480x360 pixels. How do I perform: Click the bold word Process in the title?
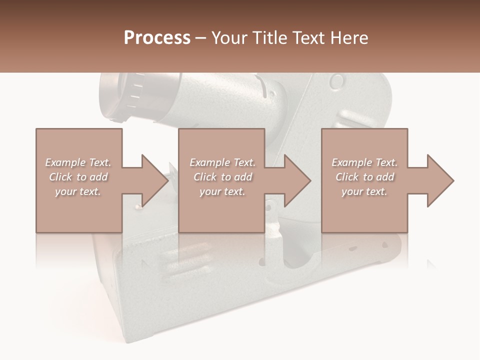click(x=157, y=38)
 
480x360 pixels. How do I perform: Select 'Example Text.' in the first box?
click(x=78, y=162)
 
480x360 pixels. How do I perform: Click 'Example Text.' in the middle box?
click(x=222, y=162)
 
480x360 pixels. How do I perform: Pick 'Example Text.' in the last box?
click(x=364, y=162)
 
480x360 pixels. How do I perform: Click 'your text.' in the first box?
click(x=78, y=191)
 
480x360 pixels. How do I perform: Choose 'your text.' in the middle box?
click(x=222, y=191)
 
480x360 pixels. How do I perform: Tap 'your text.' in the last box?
click(x=364, y=191)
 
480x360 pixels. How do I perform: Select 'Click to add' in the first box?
click(x=78, y=177)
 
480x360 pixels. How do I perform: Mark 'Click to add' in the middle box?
click(x=222, y=177)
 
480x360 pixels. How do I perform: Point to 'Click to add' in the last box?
click(x=364, y=177)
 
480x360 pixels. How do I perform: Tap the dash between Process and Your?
click(x=201, y=38)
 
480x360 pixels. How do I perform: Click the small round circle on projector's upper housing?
click(x=338, y=81)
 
